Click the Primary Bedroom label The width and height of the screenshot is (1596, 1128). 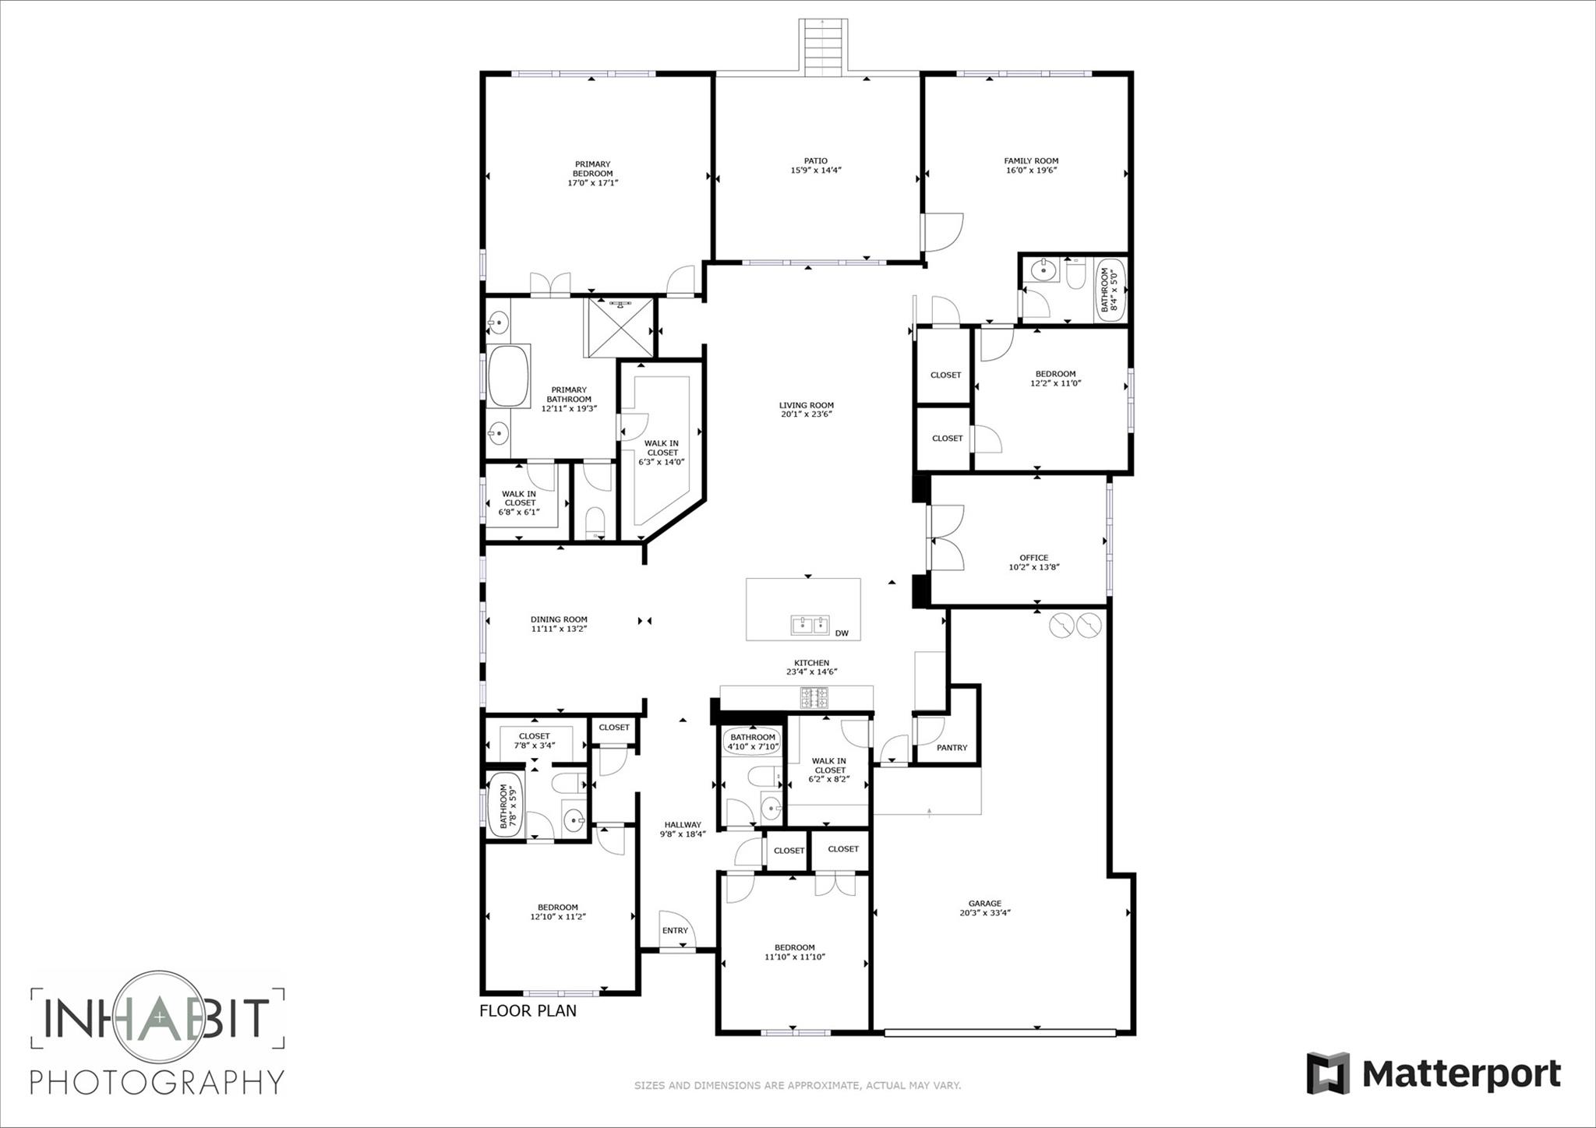[592, 169]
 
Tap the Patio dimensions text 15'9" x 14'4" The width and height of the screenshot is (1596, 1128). [816, 170]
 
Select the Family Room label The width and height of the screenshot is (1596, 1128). [1031, 161]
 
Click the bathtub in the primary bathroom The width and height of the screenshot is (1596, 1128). [507, 375]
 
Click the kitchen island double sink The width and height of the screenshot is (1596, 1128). [810, 625]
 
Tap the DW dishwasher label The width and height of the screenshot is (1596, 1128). [842, 633]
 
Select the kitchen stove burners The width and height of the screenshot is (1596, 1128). [815, 696]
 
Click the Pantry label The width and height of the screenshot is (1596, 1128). [952, 748]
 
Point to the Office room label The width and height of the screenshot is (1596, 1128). [1033, 558]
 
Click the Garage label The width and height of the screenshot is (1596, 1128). [985, 904]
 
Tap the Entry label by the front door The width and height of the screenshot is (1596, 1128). [675, 931]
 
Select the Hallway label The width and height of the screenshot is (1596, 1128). [683, 825]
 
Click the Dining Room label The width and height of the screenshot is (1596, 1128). [559, 620]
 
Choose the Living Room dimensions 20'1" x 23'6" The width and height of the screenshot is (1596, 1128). [807, 414]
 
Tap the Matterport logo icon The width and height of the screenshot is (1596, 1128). [1328, 1073]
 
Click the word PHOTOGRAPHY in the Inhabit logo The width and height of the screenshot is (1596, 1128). [157, 1082]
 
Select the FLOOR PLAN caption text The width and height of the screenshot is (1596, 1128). [528, 1011]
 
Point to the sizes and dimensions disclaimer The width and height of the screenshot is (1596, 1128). [797, 1085]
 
